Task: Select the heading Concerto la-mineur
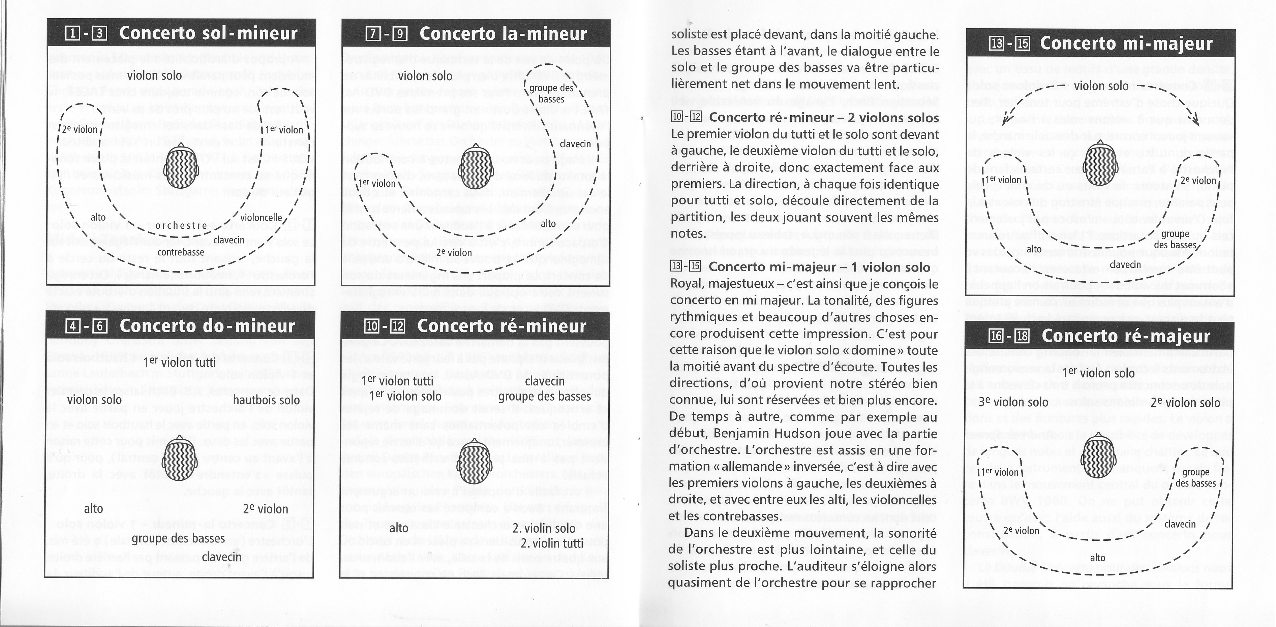[x=503, y=34]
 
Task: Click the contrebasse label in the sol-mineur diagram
[x=181, y=252]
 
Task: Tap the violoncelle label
[x=261, y=217]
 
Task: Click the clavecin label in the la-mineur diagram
[x=575, y=144]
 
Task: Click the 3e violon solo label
[x=1006, y=402]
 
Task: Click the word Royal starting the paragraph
[x=690, y=284]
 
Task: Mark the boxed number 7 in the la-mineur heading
[x=372, y=34]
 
